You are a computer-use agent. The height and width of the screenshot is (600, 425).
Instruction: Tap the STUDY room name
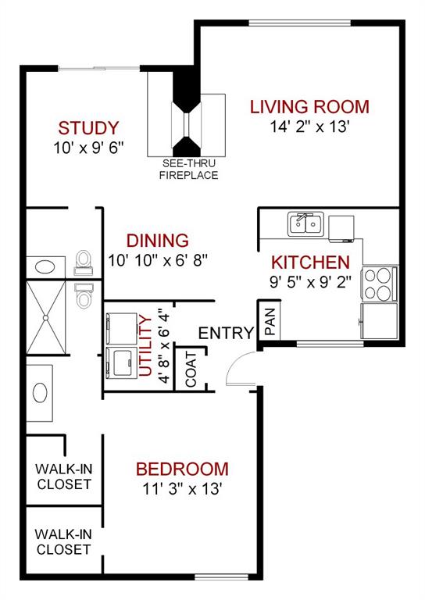(88, 127)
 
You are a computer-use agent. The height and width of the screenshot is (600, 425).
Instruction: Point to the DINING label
(158, 241)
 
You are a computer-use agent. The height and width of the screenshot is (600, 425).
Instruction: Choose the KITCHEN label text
(310, 262)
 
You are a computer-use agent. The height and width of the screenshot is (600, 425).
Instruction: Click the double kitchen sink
(305, 225)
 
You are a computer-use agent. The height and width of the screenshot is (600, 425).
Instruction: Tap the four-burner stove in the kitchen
(378, 284)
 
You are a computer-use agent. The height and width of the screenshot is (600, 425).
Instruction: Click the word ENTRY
(226, 334)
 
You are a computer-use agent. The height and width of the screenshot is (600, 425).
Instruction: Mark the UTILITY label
(145, 343)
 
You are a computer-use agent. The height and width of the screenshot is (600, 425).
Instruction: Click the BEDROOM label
(182, 470)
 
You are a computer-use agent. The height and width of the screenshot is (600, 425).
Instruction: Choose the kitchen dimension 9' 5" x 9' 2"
(310, 280)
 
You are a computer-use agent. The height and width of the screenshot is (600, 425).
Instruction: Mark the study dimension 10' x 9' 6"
(88, 147)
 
